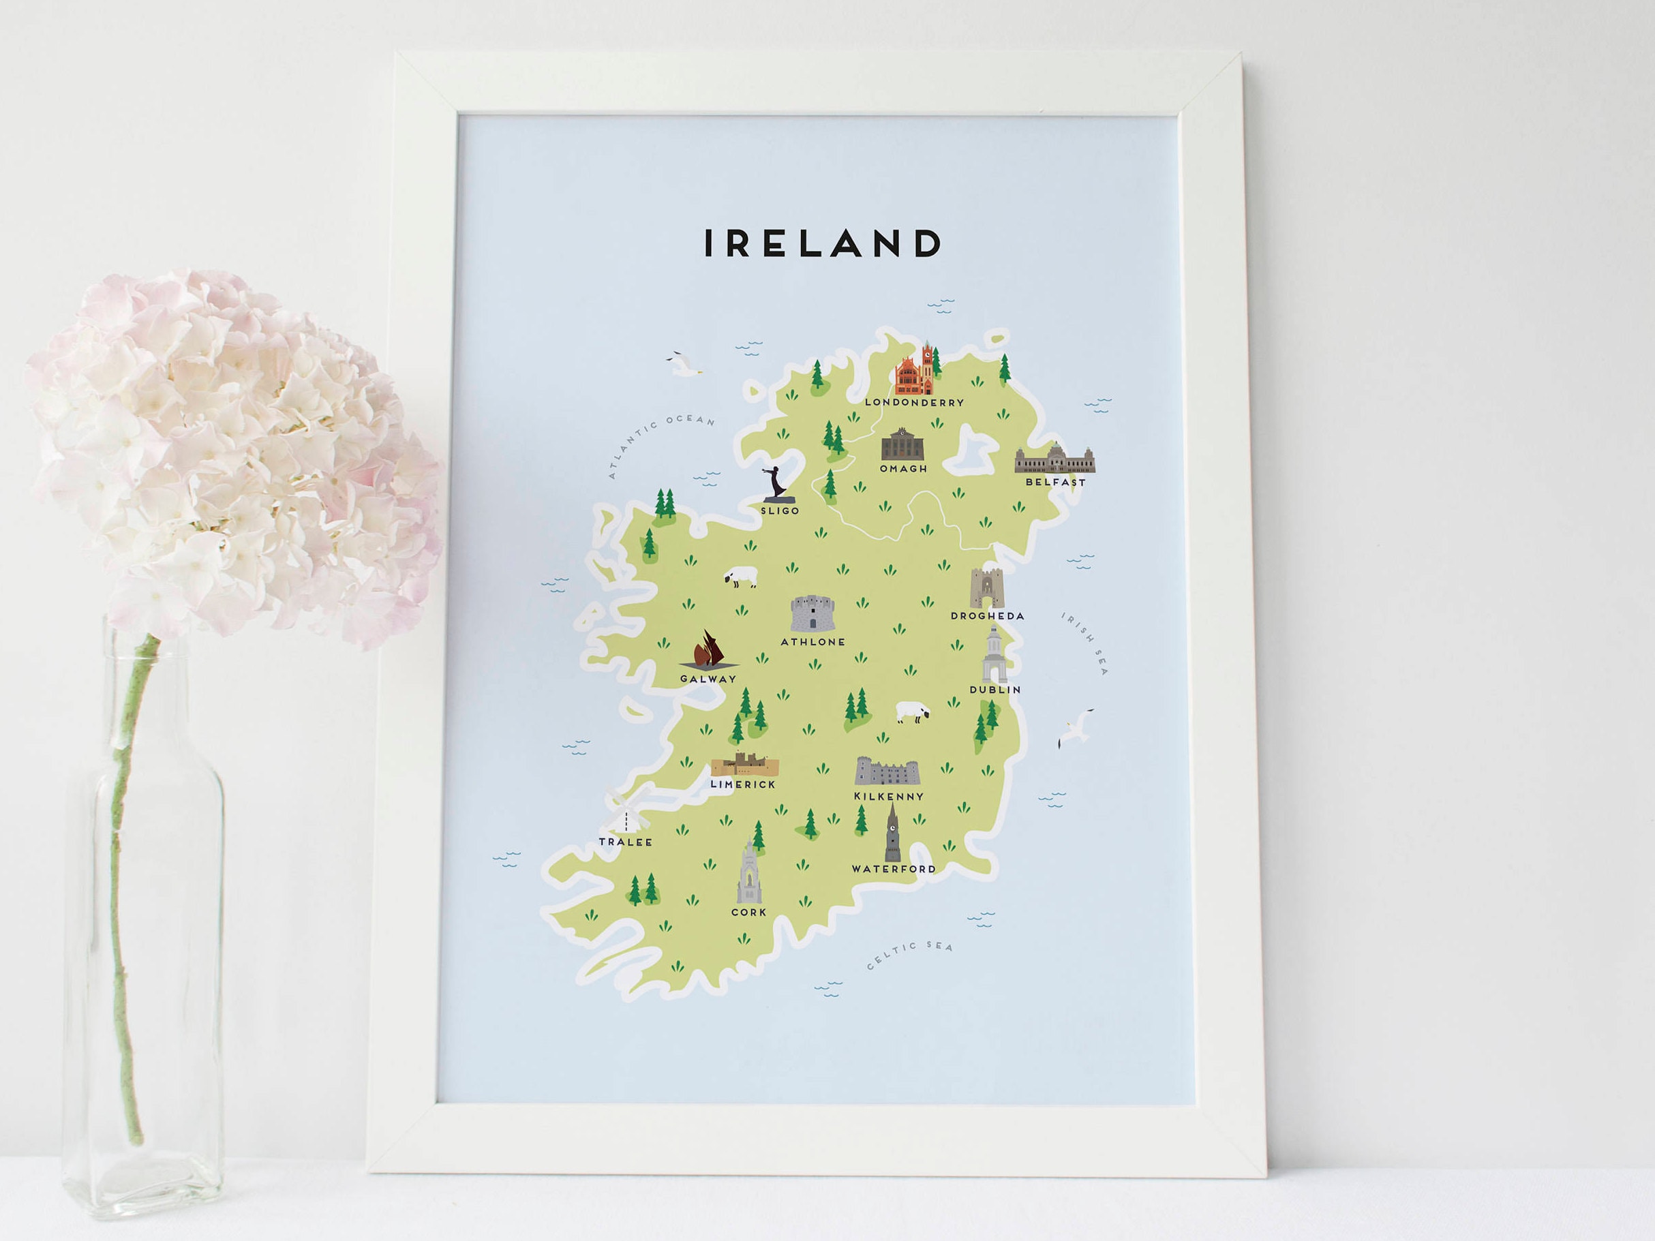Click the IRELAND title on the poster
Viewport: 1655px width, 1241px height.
[822, 243]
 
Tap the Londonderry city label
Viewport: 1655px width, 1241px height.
[913, 403]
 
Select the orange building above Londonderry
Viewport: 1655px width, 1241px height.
[915, 372]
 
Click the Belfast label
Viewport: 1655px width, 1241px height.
[1055, 482]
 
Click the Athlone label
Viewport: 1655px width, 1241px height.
[813, 642]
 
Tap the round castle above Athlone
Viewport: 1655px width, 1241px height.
[812, 613]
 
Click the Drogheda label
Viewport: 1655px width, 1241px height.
[987, 616]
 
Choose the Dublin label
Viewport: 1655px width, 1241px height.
[994, 690]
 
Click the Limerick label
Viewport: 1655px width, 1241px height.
[743, 784]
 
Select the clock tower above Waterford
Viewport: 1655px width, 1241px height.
[892, 833]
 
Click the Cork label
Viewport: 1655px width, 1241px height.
[748, 913]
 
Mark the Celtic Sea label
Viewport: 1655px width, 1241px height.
[910, 955]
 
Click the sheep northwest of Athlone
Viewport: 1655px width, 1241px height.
[741, 577]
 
